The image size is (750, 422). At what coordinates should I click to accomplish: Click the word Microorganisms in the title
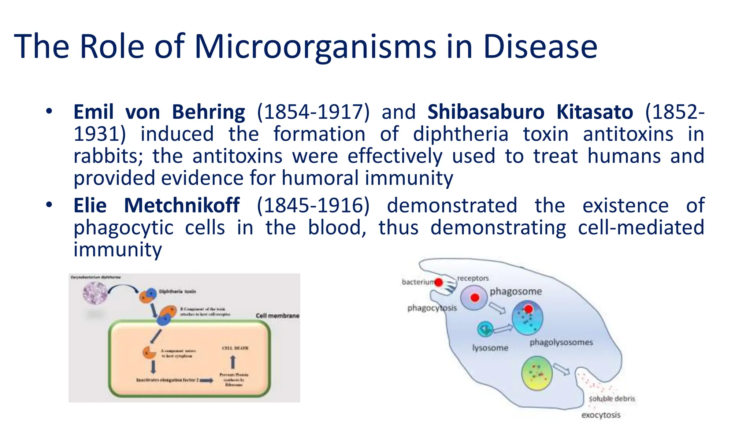coord(315,47)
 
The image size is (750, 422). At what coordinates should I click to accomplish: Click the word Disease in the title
coord(540,47)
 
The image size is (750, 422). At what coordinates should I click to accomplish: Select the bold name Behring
coord(208,112)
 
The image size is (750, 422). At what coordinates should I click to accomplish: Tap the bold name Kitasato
coord(594,112)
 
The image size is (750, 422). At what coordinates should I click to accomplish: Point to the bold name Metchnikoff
coord(182,205)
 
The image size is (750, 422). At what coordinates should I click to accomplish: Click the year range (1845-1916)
coord(313,205)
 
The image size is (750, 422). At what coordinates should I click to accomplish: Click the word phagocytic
coord(123,228)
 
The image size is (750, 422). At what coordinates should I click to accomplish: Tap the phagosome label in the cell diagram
coord(516,292)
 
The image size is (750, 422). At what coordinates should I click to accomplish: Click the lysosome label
coord(490,348)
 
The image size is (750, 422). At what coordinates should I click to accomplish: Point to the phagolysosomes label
coord(561,342)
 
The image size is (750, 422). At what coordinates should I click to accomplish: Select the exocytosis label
coord(601,415)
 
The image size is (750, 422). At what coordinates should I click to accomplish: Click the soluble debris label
coord(612,399)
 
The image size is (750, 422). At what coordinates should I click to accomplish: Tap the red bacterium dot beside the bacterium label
coord(438,282)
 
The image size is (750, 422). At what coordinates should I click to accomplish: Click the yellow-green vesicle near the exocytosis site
coord(537,373)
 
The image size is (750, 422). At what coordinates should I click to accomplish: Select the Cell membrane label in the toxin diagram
coord(277,316)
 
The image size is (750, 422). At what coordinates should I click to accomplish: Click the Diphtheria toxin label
coord(177,292)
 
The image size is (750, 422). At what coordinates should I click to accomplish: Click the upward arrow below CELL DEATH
coord(233,362)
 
